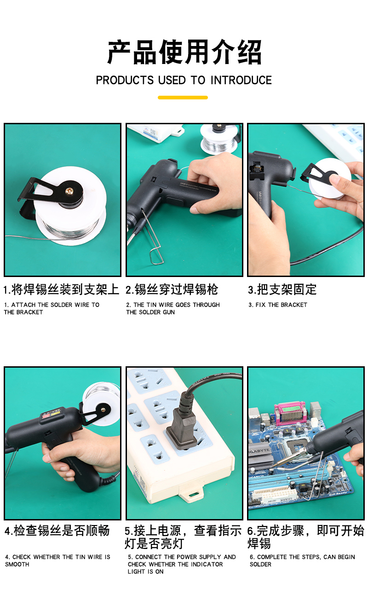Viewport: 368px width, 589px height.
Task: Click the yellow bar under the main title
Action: click(183, 97)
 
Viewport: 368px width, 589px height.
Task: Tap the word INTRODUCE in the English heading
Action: click(241, 80)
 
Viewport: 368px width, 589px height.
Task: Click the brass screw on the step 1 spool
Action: click(70, 190)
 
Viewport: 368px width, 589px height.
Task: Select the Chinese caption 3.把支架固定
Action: click(282, 289)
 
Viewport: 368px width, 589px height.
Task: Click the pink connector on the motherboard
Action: click(290, 412)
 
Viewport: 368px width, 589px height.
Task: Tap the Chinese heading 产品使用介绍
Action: click(184, 52)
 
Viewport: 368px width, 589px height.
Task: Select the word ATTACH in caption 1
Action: click(23, 305)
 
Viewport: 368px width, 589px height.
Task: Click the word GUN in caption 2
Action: click(168, 312)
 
